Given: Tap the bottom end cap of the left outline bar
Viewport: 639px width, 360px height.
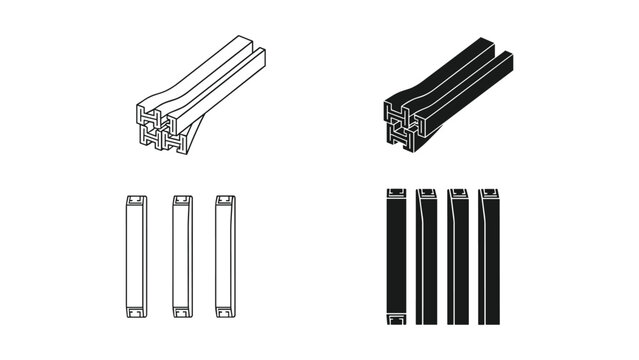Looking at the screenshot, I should (134, 317).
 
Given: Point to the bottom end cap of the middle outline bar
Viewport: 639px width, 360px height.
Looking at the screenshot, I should (181, 317).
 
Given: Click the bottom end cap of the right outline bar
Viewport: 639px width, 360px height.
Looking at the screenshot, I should (225, 317).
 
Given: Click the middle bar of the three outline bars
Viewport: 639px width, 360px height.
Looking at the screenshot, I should (181, 256).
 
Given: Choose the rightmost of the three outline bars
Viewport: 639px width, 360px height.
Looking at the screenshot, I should (225, 256).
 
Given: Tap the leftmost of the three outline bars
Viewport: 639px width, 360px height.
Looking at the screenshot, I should (134, 256).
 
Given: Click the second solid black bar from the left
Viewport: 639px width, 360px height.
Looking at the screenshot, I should (427, 256).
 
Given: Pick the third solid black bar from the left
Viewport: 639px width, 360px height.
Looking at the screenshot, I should (458, 256).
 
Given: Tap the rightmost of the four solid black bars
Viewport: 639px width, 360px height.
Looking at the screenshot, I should (489, 256).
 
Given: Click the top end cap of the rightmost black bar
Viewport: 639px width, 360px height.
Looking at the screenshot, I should (489, 193).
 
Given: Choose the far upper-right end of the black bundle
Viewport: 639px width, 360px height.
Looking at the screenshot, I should (500, 47).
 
